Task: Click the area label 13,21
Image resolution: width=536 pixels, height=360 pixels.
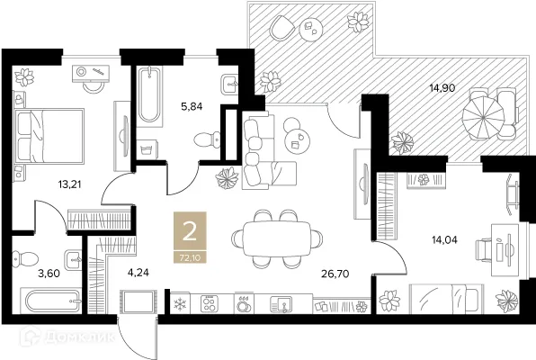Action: [x=70, y=184]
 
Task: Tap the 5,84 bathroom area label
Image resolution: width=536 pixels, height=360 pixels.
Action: [x=192, y=106]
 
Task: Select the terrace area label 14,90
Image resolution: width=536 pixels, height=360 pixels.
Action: [x=442, y=88]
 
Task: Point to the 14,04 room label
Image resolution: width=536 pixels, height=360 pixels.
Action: [x=445, y=240]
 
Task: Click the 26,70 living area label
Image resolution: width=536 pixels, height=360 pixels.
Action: [x=335, y=274]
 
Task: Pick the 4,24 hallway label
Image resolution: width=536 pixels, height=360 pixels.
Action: [x=138, y=273]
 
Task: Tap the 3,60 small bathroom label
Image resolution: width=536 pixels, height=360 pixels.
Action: [x=49, y=274]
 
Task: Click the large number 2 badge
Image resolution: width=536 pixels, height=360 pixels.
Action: [x=190, y=231]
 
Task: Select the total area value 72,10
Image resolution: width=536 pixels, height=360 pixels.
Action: [x=190, y=257]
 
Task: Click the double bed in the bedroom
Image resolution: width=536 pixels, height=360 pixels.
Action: [x=49, y=136]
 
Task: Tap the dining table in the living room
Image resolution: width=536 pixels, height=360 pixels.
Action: [x=277, y=238]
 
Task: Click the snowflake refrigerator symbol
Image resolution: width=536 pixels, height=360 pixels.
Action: [x=180, y=304]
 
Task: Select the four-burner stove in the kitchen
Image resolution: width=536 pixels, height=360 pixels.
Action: [x=210, y=303]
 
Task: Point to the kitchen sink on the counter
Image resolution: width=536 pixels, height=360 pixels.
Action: [x=281, y=304]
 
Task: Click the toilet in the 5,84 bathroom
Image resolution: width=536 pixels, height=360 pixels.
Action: [x=207, y=139]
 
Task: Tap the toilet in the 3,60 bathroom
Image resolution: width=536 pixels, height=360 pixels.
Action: [x=24, y=259]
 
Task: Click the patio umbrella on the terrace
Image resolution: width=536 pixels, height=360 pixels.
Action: [x=483, y=118]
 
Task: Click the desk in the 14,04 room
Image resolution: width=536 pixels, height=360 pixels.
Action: [x=505, y=250]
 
